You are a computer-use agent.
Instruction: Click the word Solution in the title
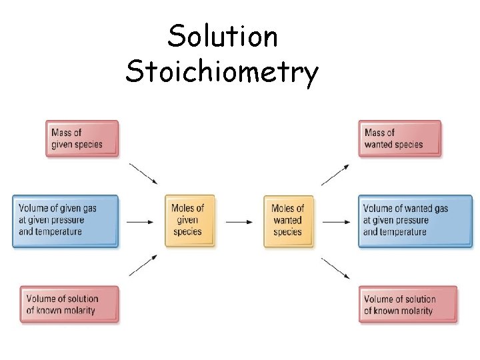[223, 36]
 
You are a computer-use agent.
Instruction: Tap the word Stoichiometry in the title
[222, 72]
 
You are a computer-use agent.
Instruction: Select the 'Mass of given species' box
[82, 138]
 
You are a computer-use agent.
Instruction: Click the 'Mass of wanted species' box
[399, 138]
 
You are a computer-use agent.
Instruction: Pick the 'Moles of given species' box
[187, 220]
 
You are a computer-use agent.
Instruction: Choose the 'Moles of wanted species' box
[288, 220]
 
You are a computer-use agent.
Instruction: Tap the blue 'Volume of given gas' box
[65, 221]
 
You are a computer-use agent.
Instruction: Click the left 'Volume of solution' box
[69, 305]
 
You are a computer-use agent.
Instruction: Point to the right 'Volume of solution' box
[408, 305]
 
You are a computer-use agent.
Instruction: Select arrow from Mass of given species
[143, 173]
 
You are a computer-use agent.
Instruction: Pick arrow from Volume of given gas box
[140, 221]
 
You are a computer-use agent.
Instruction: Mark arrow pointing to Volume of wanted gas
[335, 221]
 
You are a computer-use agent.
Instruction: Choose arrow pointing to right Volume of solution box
[335, 267]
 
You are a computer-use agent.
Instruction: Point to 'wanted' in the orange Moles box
[288, 220]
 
